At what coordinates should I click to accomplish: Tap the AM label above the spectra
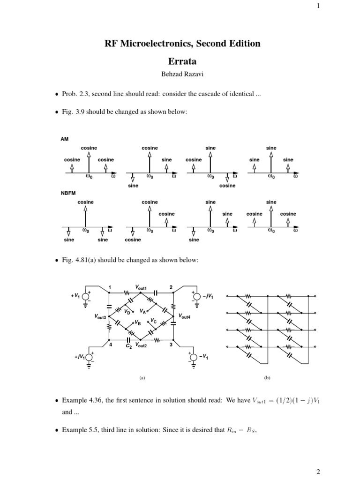point(64,139)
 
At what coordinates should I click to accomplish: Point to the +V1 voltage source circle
point(86,296)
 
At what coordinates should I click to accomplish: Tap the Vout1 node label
point(141,287)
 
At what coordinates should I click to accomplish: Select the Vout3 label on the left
point(100,317)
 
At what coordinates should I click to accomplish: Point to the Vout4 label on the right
point(185,317)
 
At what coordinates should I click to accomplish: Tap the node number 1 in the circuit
point(110,287)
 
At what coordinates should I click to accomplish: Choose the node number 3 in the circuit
point(172,345)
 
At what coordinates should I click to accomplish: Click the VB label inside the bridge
point(138,323)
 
